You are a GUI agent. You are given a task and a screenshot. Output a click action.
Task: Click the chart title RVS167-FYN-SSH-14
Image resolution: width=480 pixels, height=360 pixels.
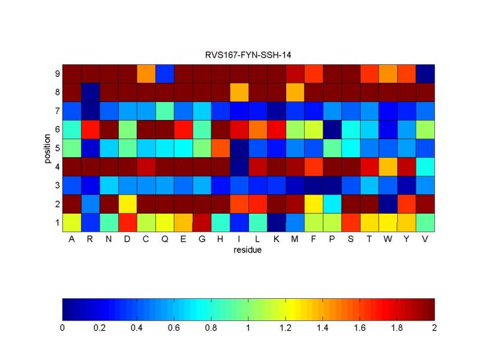tap(248, 55)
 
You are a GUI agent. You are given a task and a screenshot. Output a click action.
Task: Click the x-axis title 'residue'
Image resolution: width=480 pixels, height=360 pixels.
tap(248, 250)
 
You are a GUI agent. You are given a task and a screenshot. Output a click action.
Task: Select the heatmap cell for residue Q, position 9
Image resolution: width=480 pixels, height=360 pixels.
tap(164, 74)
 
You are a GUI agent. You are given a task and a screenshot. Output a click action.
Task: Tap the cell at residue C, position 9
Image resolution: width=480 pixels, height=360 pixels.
tap(146, 74)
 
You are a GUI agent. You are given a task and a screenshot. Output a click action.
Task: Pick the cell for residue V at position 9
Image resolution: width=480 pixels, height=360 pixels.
tap(425, 74)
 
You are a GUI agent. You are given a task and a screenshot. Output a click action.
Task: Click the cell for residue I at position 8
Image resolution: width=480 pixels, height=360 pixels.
tap(239, 92)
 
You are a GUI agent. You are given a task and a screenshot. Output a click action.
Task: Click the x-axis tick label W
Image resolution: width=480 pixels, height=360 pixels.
tap(388, 239)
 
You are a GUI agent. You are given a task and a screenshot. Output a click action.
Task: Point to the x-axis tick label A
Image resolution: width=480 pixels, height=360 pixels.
tap(71, 239)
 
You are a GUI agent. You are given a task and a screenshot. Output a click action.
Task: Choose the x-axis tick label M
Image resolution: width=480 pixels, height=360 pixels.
tap(295, 239)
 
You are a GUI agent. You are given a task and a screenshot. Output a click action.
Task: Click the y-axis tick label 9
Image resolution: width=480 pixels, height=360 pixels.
tap(56, 74)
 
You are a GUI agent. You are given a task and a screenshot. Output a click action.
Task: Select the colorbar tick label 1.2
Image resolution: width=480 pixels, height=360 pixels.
tap(285, 328)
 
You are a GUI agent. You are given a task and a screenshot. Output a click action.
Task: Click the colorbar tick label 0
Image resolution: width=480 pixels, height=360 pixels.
tap(62, 328)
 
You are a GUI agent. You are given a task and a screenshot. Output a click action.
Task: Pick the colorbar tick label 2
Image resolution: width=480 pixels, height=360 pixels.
tap(434, 328)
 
